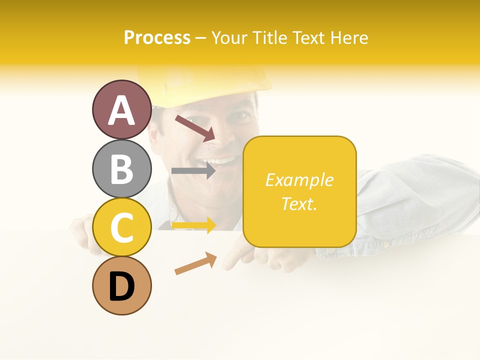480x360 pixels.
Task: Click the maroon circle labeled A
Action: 121,109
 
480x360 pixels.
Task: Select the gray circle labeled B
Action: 121,168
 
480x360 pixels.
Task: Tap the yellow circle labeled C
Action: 121,227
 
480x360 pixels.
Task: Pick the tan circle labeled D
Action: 121,285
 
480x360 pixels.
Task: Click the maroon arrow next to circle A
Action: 194,127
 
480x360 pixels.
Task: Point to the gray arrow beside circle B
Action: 193,171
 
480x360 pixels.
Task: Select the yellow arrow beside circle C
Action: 193,226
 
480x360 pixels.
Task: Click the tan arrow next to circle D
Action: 195,263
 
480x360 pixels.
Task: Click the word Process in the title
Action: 157,37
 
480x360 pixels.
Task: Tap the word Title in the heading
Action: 269,37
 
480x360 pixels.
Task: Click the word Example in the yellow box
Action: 299,180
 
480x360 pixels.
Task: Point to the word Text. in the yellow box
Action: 299,203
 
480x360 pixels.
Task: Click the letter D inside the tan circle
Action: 121,287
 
